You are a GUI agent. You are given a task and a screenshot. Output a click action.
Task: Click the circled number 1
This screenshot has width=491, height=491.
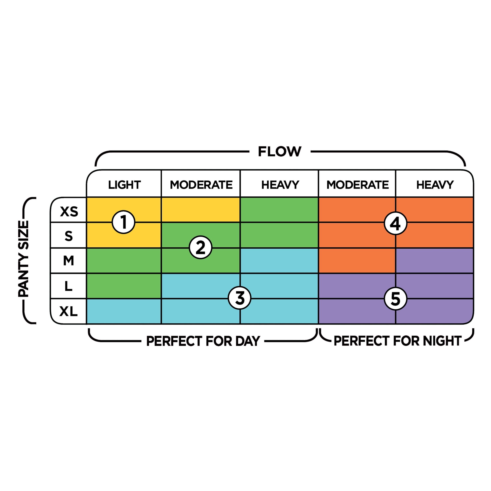tap(124, 222)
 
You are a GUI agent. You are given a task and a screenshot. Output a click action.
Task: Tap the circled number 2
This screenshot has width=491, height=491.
tap(200, 247)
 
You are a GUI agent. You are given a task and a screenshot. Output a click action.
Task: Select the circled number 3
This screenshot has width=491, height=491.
tap(240, 298)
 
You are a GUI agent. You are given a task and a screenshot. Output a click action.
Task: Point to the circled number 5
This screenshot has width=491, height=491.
tap(395, 298)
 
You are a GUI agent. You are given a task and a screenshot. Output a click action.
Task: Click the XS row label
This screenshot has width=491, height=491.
tap(69, 211)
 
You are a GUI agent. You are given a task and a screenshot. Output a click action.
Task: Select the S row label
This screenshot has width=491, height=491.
tap(69, 236)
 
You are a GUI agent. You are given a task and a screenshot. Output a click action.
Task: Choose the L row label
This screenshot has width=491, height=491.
tap(68, 286)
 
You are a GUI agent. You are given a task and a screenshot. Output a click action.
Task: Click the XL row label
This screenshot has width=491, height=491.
tap(68, 311)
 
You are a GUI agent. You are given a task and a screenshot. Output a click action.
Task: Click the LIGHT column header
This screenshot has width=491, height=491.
tap(124, 185)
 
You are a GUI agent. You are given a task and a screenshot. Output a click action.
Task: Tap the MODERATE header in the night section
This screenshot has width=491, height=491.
tap(358, 185)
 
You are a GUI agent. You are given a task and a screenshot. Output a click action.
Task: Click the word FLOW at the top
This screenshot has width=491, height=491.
tap(280, 152)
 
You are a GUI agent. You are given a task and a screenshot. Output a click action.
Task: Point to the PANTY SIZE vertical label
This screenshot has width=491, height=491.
tap(23, 259)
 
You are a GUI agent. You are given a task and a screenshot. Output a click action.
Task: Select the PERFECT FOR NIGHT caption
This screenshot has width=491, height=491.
tap(397, 341)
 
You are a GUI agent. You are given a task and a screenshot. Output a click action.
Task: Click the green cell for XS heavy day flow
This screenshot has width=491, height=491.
tap(279, 210)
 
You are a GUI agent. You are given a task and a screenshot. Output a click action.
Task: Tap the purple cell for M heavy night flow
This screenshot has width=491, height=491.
tap(434, 260)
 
